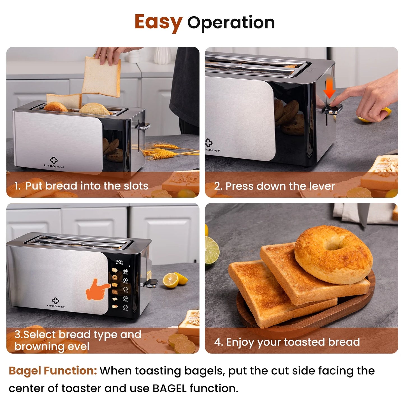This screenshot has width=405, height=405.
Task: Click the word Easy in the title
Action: [158, 22]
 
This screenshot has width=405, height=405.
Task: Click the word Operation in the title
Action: [231, 23]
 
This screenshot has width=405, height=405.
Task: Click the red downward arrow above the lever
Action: [330, 87]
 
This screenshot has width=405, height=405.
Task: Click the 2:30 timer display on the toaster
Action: [119, 262]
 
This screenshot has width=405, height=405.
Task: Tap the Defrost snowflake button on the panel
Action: [125, 271]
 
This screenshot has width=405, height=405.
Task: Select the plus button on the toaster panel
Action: [125, 280]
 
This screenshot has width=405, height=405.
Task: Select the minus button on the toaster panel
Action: [125, 289]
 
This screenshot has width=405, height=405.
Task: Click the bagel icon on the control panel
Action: [115, 277]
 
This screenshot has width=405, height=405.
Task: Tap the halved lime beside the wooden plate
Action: [212, 250]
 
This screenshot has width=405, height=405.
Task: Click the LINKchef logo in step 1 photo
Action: [54, 163]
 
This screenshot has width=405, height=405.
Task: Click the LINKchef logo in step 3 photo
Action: [56, 303]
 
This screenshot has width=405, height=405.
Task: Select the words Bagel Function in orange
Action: [53, 371]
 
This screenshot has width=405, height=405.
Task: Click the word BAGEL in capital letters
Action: [169, 388]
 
